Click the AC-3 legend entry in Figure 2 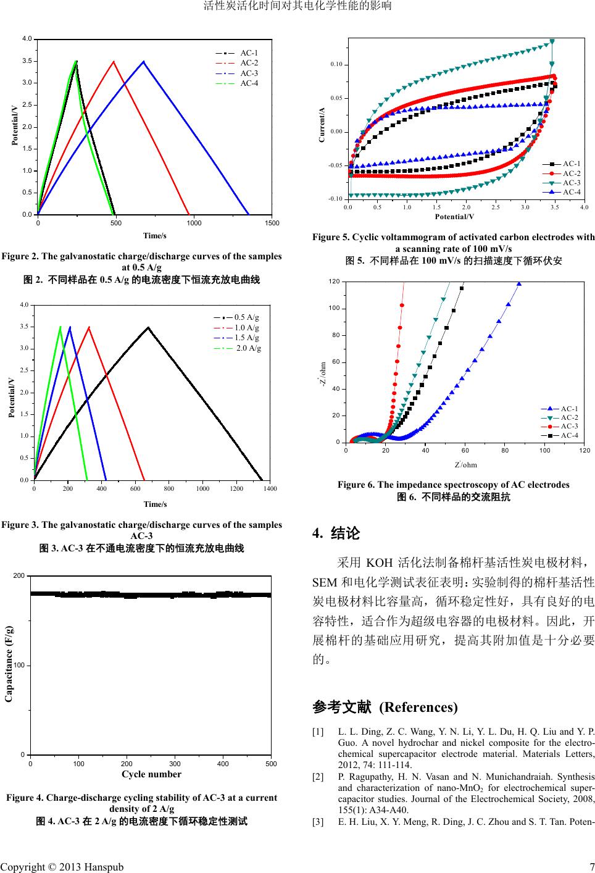click(249, 73)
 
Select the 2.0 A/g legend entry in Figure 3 click(249, 348)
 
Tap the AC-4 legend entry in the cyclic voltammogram click(572, 192)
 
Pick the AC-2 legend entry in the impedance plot click(569, 417)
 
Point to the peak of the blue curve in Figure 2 click(144, 61)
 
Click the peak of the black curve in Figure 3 click(148, 327)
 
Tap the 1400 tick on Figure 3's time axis click(269, 489)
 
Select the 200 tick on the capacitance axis click(20, 575)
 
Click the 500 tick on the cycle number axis click(270, 764)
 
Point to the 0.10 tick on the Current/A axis click(336, 65)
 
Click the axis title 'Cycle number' click(152, 774)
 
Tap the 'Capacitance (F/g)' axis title click(9, 663)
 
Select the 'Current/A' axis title click(322, 125)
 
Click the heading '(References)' click(418, 706)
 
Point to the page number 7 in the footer click(591, 867)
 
